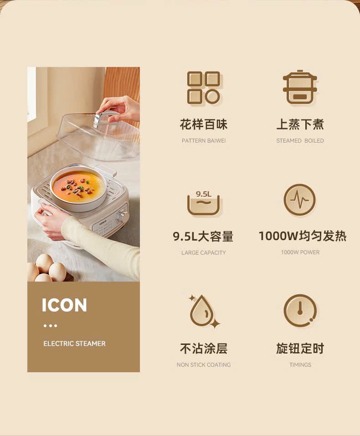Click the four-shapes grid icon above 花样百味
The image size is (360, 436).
(x=204, y=88)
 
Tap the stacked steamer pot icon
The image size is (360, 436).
(x=300, y=87)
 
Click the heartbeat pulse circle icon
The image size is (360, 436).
(x=300, y=200)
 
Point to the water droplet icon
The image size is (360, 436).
(x=204, y=311)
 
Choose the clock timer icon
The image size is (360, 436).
(x=300, y=311)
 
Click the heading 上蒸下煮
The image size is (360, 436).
(x=300, y=124)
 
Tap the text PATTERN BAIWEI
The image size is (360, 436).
(x=204, y=141)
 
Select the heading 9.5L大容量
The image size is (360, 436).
(x=203, y=236)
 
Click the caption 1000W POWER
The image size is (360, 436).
(x=300, y=252)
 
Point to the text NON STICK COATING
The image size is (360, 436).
(x=204, y=364)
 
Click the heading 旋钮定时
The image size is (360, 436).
(x=300, y=349)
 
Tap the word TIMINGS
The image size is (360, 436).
(x=300, y=364)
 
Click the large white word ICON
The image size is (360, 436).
(x=64, y=305)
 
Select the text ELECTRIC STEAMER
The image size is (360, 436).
(x=75, y=344)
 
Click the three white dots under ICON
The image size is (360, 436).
(x=50, y=326)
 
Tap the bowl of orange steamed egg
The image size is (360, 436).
(x=77, y=186)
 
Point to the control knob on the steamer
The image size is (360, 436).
(x=121, y=216)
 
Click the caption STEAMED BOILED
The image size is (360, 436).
(x=300, y=141)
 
